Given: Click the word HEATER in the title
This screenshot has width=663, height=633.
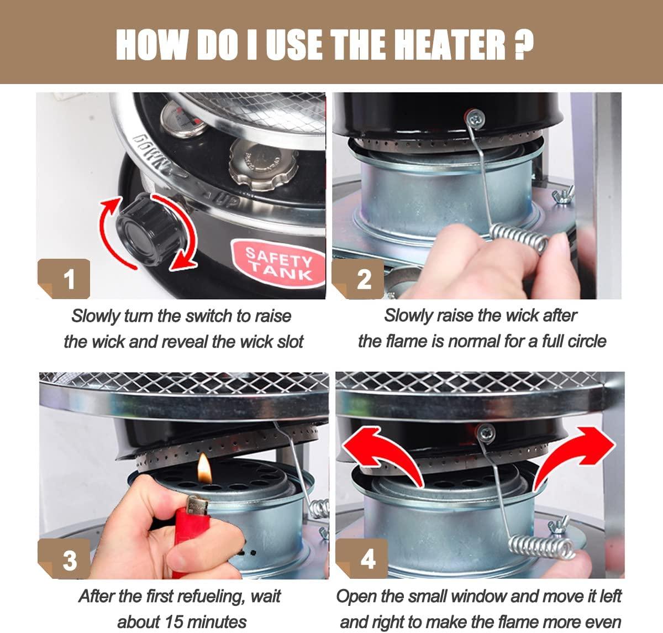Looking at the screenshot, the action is pos(450,45).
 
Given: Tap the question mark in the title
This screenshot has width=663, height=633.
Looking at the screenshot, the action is pos(524,45).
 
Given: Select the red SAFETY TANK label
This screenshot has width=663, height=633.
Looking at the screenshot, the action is pos(278,263).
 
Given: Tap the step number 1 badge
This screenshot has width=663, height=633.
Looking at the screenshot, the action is pos(64,279).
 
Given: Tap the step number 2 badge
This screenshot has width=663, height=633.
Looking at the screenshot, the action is pos(358,279).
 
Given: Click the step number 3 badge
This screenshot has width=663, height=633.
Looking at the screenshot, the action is pos(64,559).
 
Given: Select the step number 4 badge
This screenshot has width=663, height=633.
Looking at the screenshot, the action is pos(362,559).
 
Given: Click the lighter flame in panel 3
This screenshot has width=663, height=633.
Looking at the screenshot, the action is pos(204,468).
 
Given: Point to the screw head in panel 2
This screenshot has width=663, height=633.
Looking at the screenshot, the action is pos(476,118).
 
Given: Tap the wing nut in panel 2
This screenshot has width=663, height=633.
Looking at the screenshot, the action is pos(562,195).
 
